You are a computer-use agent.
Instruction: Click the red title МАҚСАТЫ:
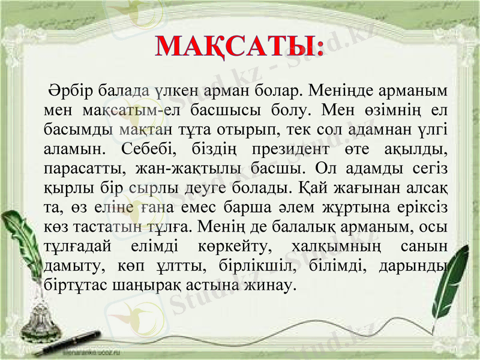coord(239,46)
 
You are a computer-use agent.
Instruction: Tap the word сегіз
coord(431,167)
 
